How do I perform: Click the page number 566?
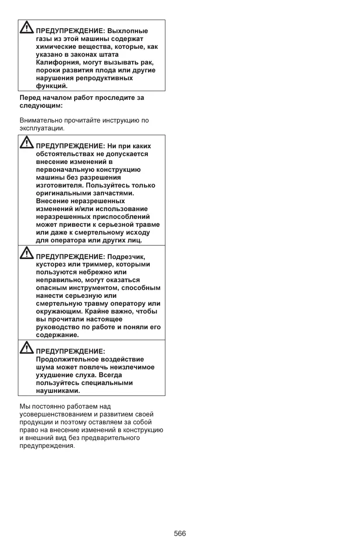coord(180,534)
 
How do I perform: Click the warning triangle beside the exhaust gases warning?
coord(27,28)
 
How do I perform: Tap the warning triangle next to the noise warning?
coord(27,348)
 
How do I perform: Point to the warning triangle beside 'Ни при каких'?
coord(27,143)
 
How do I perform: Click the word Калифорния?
coord(57,62)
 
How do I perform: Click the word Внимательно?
coord(41,120)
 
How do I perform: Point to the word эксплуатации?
coord(41,128)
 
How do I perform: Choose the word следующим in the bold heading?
coord(40,106)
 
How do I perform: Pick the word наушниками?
coord(55,391)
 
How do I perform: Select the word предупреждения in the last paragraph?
coord(47,446)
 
